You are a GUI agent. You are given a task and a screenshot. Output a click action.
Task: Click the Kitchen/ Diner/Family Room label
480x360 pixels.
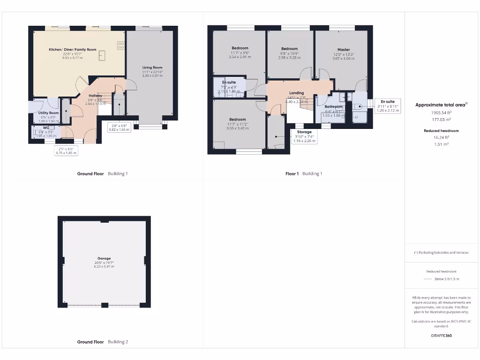(73, 49)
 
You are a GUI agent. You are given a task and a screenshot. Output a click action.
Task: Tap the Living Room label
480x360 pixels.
(152, 67)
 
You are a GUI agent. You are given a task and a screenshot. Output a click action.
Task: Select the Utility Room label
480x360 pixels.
(49, 113)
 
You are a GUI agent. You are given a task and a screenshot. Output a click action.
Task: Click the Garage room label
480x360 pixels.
(104, 258)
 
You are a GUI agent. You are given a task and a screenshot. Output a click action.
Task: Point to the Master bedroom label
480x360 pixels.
(344, 50)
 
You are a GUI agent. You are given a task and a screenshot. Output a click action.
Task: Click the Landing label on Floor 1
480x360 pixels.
(296, 93)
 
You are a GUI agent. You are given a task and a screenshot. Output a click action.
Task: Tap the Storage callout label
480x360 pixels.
(304, 132)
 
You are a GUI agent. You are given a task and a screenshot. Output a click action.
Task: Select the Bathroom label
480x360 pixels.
(333, 107)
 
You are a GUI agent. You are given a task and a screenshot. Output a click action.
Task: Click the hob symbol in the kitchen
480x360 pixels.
(120, 45)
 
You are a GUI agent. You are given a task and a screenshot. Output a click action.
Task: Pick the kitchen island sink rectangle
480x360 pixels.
(102, 56)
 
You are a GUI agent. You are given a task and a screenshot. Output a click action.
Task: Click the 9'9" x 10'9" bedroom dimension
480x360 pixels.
(289, 53)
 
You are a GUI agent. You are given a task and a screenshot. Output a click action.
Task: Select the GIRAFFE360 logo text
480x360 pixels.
(441, 336)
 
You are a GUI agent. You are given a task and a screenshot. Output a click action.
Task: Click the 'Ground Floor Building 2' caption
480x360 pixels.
(102, 342)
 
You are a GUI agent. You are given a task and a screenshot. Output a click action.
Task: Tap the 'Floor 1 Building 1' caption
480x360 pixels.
(304, 174)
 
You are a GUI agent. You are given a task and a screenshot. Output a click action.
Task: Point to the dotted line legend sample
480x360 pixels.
(427, 279)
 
